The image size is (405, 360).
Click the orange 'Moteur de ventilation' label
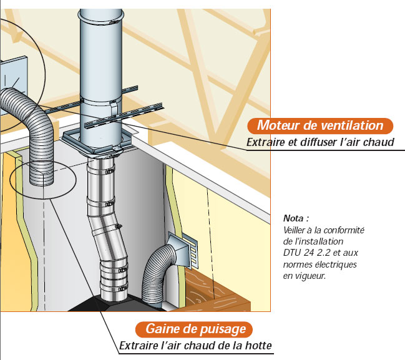(x=319, y=125)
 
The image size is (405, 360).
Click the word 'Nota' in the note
(x=295, y=219)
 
